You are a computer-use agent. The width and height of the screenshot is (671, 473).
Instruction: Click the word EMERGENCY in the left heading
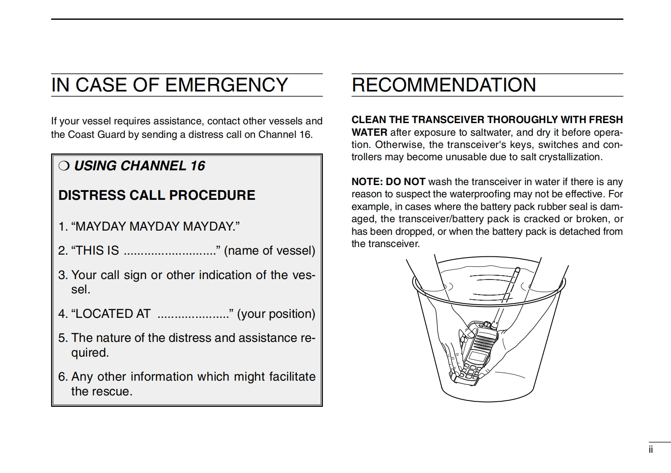227,85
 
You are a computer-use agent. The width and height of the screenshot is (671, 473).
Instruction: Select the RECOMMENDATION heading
444,85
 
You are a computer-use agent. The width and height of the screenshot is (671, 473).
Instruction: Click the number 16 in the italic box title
197,166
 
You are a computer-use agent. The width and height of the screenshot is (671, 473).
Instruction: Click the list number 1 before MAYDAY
62,226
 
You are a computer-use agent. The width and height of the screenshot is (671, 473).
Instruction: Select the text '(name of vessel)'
269,250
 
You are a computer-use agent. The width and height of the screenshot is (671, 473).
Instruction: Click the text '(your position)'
276,314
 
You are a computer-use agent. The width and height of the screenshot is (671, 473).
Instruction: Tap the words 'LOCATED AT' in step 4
113,314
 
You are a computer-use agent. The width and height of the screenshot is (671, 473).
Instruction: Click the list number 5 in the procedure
62,338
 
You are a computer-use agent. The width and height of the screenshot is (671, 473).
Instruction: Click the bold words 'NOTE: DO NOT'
388,182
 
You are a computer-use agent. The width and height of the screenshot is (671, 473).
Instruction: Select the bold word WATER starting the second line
369,132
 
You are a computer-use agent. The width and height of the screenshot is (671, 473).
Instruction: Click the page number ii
651,450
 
